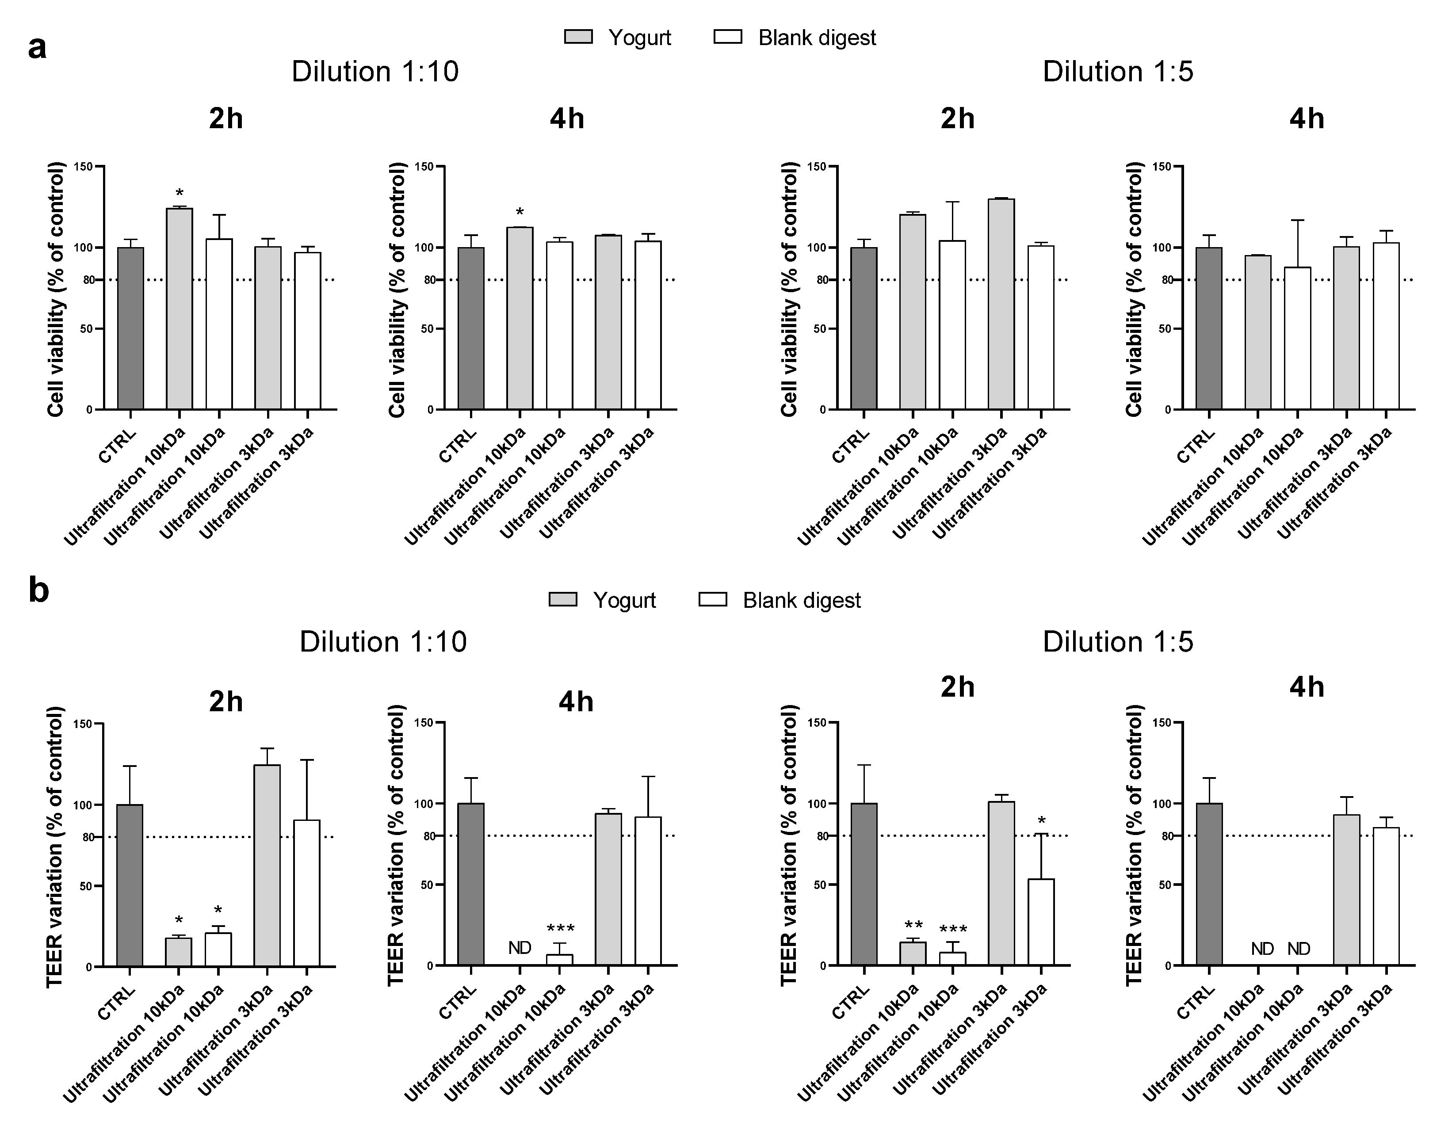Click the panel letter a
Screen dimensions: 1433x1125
38,48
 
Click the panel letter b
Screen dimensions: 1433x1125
39,590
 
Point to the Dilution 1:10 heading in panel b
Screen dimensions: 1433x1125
383,641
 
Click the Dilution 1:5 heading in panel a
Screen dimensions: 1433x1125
1118,71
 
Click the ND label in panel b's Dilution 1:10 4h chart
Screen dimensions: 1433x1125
520,948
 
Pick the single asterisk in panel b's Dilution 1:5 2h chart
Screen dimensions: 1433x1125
1041,821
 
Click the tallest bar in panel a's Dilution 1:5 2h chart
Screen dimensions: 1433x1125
1001,304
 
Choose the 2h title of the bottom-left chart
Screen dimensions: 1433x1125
226,702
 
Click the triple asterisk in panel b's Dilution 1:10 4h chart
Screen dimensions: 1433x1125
560,929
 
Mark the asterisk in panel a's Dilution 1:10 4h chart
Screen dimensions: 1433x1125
520,213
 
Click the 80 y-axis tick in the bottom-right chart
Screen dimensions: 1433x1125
1167,836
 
